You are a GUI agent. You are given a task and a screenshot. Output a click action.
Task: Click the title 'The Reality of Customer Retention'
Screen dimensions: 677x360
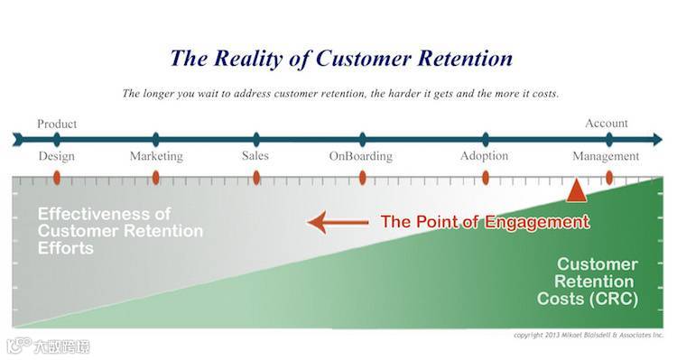coord(341,59)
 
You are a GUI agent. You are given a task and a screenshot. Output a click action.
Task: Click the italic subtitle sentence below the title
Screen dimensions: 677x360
coord(340,94)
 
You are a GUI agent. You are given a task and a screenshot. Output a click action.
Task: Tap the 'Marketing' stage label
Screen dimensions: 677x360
coord(156,156)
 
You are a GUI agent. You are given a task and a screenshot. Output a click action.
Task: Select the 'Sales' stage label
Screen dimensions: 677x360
coord(255,155)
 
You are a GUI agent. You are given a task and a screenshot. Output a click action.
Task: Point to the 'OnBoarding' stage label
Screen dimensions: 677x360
coord(361,156)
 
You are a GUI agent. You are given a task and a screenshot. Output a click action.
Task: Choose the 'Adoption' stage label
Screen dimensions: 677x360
coord(484,156)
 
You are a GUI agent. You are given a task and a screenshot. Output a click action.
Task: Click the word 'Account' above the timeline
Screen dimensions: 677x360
coord(607,123)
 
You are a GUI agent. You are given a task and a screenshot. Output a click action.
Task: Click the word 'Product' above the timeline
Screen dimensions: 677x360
coord(57,124)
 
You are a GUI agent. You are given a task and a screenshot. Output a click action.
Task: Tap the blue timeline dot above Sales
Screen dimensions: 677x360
coord(256,140)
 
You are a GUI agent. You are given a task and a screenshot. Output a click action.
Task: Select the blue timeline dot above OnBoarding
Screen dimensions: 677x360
coord(362,140)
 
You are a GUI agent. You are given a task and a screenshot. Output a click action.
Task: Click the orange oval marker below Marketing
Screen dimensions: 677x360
coord(156,178)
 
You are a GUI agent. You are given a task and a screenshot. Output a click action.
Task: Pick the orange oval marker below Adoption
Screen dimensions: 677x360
coord(486,178)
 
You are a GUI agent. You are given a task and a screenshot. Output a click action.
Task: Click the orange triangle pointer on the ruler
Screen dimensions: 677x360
coord(576,192)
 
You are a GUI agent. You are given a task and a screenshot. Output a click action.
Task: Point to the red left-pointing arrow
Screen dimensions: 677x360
coord(338,223)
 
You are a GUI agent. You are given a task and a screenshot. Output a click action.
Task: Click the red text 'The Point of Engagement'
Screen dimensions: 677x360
coord(485,222)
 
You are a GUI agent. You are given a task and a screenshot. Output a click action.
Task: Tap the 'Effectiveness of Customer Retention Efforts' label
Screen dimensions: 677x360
coord(120,231)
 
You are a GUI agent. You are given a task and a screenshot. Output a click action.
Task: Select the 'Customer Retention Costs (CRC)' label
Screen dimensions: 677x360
coord(588,282)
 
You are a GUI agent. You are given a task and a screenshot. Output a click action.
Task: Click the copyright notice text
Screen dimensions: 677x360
coord(588,335)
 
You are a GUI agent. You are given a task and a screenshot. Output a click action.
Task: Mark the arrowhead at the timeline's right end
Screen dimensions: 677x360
coord(657,140)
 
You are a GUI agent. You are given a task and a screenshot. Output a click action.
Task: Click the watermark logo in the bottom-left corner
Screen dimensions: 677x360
coord(48,346)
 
